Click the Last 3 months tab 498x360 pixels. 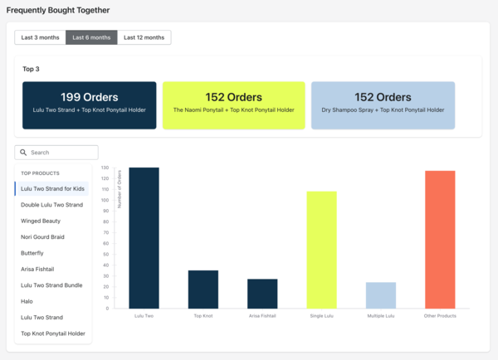40,37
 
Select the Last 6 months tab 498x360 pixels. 91,37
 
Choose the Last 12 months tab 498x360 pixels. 144,37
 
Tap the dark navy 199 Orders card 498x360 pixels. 90,105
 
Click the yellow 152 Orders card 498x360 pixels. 233,105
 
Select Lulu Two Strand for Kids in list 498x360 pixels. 52,189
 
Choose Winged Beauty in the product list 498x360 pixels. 41,221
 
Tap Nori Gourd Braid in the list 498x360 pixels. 42,237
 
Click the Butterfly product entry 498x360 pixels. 32,253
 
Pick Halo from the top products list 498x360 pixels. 27,301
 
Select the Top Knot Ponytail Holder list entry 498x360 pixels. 52,333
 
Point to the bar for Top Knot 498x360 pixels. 203,289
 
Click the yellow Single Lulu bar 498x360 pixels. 322,250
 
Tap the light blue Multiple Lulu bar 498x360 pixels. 381,295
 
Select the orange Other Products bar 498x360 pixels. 440,240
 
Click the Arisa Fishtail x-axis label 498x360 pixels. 262,316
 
